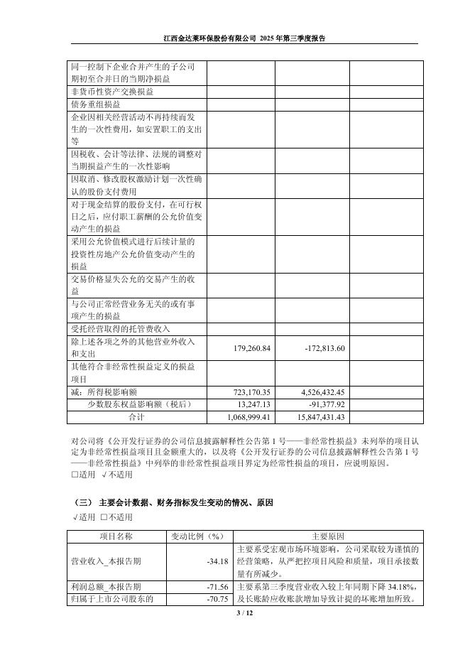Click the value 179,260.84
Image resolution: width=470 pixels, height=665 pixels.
252,348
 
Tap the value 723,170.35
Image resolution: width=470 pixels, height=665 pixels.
252,392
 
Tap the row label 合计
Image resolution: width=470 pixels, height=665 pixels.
136,417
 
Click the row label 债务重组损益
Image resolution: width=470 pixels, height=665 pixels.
96,104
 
